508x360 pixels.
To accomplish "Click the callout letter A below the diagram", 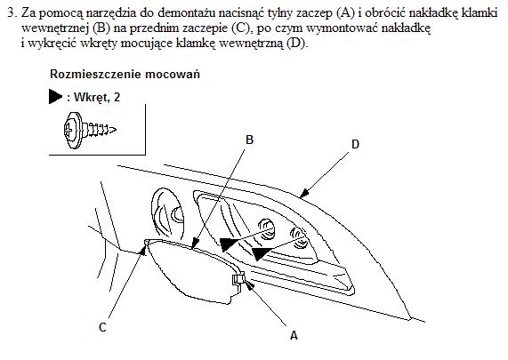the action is pos(294,335).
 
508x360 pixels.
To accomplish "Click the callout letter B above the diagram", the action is pos(249,140).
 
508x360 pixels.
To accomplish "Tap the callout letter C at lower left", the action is pos(102,327).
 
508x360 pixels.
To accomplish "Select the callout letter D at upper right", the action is pos(355,144).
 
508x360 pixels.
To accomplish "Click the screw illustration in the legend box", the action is pos(90,130).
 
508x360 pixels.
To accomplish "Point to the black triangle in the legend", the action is pos(55,97).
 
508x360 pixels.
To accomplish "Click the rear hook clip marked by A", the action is pos(238,279).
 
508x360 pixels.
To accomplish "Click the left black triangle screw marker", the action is pos(230,244).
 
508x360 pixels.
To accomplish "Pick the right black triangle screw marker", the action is pos(262,253).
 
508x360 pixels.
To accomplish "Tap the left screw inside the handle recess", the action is pos(267,228).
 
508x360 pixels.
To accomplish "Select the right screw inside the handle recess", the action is pos(298,238).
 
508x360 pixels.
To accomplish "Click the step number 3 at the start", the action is pos(12,13).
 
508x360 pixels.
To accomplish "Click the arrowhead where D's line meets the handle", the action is pos(304,194).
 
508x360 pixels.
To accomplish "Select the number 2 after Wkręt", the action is pos(117,97).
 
